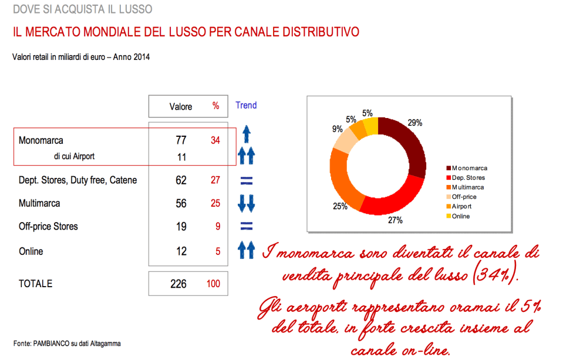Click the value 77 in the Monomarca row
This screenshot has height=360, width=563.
click(181, 140)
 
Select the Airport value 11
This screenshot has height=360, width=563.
click(181, 157)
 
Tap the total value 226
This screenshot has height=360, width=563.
click(178, 284)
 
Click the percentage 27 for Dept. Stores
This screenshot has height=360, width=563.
click(215, 180)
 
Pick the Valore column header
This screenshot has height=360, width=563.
click(181, 106)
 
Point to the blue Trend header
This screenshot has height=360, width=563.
click(246, 106)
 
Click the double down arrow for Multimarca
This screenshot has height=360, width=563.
click(246, 204)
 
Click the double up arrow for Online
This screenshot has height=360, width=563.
click(246, 251)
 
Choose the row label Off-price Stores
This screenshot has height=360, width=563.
click(48, 227)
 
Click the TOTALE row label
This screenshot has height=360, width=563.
click(35, 284)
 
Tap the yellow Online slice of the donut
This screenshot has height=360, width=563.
click(371, 126)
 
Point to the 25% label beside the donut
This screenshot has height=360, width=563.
click(340, 206)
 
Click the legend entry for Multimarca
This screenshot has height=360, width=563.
click(468, 187)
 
